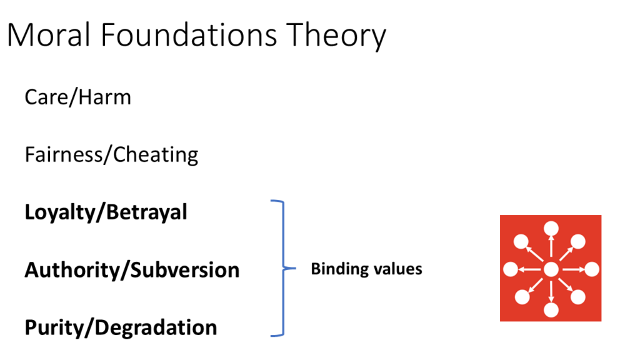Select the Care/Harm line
click(78, 97)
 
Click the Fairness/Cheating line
click(111, 154)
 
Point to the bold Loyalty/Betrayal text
click(106, 212)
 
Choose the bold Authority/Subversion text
click(132, 270)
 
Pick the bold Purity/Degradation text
click(121, 327)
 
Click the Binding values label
click(366, 269)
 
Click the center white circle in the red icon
click(551, 269)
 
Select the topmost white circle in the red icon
click(551, 229)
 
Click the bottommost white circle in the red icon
click(551, 310)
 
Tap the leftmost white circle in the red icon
click(511, 269)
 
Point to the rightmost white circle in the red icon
click(591, 269)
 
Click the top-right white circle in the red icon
click(579, 241)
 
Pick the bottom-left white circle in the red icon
click(522, 297)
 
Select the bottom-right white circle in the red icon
click(579, 297)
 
